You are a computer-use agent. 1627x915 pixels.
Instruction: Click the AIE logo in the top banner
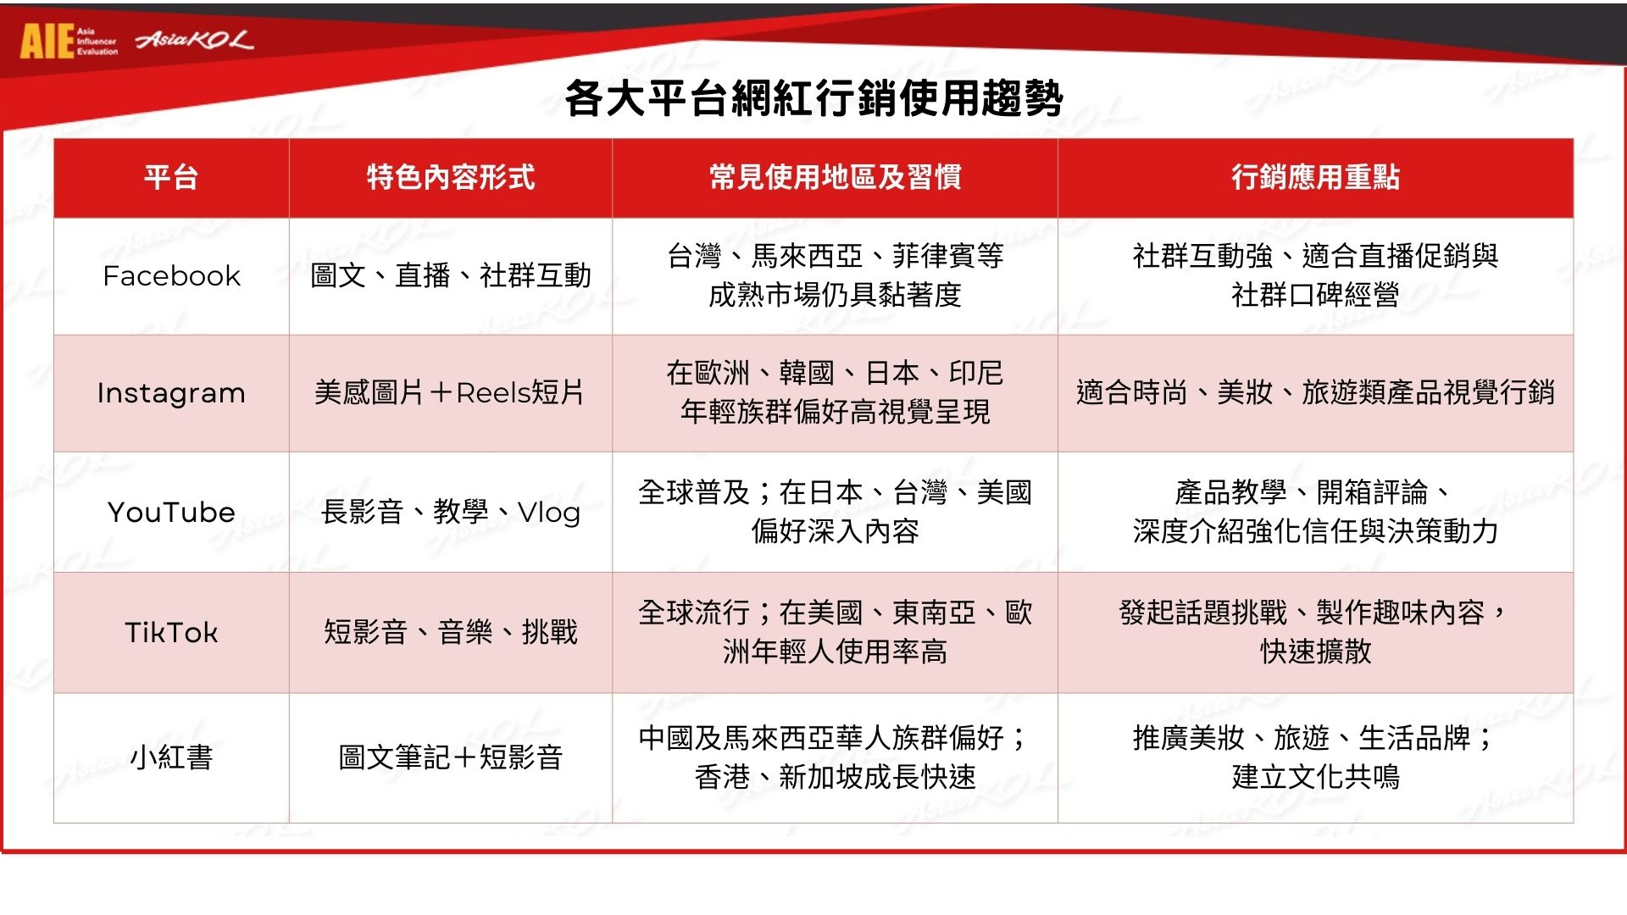pos(69,41)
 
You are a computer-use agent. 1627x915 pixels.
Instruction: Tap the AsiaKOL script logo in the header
pos(194,40)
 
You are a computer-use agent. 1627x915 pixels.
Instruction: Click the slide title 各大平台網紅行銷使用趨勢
pos(813,98)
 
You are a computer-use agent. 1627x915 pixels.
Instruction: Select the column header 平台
pos(171,177)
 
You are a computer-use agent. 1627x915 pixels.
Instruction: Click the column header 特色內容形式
pos(451,177)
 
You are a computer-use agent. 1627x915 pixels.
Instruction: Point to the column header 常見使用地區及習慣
pos(835,177)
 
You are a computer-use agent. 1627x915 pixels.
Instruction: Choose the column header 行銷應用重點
pos(1315,177)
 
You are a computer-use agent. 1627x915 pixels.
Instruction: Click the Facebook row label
pos(171,275)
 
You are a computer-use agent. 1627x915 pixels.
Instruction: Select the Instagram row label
pos(171,393)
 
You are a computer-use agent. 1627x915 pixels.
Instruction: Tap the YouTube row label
pos(171,512)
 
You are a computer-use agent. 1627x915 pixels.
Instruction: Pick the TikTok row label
pos(171,632)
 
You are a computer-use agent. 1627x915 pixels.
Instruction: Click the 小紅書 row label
pos(171,757)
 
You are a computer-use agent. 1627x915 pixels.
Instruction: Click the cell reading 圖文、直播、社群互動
pos(451,275)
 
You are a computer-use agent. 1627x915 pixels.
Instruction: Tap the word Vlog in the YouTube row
pos(548,513)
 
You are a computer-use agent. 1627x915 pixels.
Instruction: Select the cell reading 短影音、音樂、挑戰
pos(451,632)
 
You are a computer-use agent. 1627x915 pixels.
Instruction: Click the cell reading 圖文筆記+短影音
pos(451,757)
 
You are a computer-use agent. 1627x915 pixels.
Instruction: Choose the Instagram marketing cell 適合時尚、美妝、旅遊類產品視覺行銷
pos(1315,392)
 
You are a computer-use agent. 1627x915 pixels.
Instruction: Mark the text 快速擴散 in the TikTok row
pos(1315,652)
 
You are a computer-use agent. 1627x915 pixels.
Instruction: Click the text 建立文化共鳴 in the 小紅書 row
pos(1315,777)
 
